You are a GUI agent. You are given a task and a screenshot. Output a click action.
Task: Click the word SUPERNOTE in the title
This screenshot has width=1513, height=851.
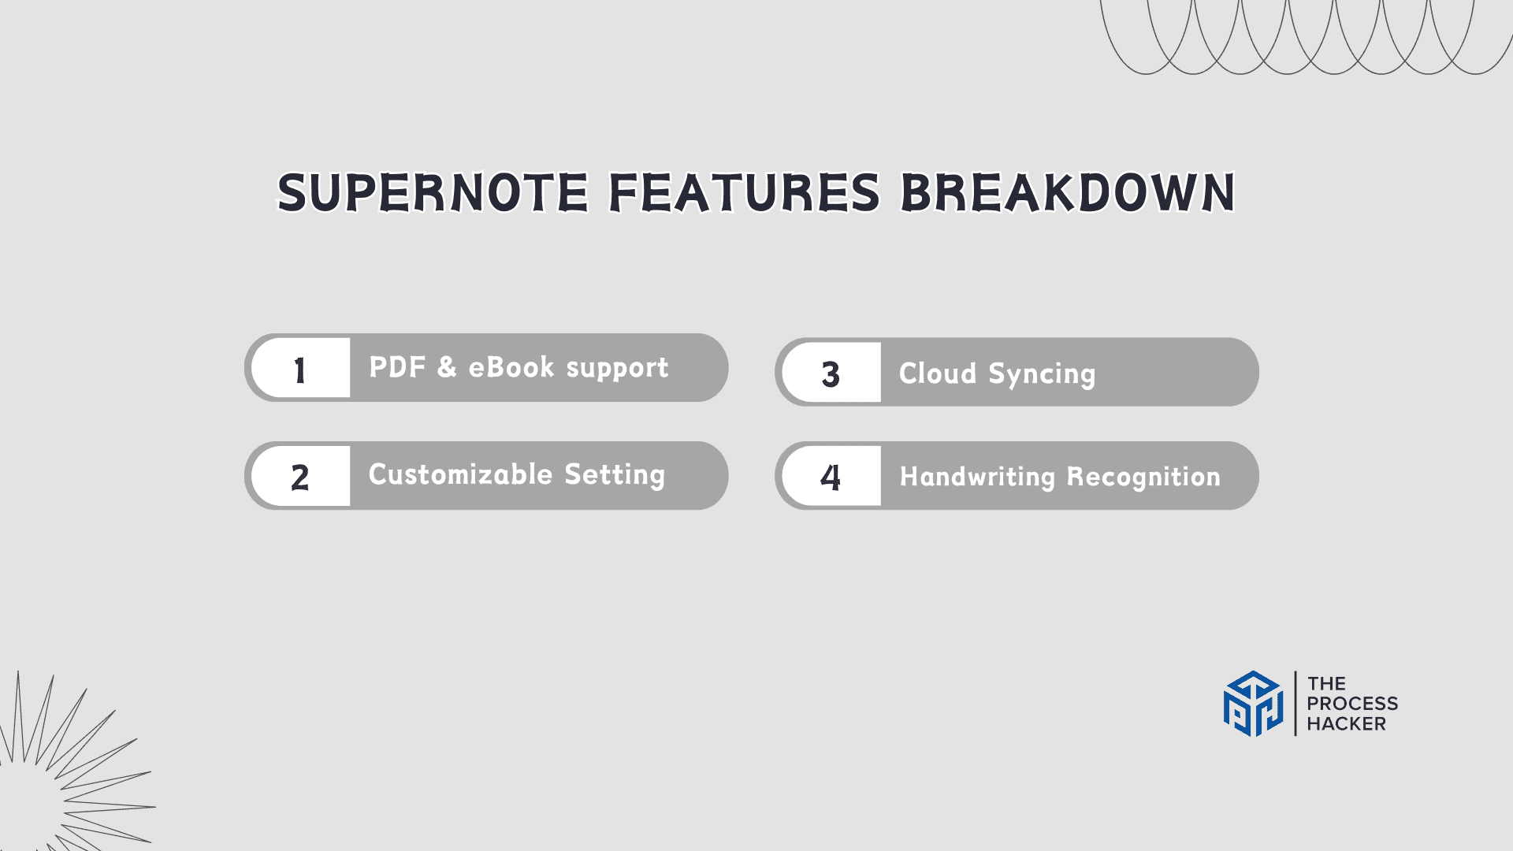pyautogui.click(x=433, y=193)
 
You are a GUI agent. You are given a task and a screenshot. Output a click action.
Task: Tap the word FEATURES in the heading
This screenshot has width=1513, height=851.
pyautogui.click(x=745, y=193)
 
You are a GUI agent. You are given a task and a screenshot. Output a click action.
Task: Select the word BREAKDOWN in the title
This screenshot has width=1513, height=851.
pyautogui.click(x=1068, y=193)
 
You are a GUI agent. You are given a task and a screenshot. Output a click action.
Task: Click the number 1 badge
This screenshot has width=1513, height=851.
pyautogui.click(x=300, y=368)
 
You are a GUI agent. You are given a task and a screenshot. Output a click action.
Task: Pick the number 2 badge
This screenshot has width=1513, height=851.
pyautogui.click(x=300, y=476)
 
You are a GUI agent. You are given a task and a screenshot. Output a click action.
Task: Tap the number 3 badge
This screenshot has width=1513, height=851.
pyautogui.click(x=831, y=373)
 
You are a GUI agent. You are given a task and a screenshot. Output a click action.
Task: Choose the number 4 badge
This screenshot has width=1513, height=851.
pyautogui.click(x=831, y=476)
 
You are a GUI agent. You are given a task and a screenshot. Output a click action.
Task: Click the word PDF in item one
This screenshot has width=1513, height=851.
pyautogui.click(x=397, y=367)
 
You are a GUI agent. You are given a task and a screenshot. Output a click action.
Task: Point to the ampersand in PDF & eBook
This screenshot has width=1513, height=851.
pyautogui.click(x=447, y=367)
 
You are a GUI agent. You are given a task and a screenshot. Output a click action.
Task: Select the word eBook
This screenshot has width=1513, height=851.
pyautogui.click(x=511, y=367)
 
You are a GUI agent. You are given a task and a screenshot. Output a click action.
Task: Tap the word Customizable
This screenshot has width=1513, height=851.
pyautogui.click(x=460, y=474)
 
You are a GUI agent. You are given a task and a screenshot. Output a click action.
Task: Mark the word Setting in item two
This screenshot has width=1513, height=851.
pyautogui.click(x=615, y=475)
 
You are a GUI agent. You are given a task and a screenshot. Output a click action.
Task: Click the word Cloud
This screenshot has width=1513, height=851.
pyautogui.click(x=938, y=373)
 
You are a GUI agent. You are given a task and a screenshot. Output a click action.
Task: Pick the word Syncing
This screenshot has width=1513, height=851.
pyautogui.click(x=1042, y=375)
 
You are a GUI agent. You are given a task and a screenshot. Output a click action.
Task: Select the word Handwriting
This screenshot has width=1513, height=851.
pyautogui.click(x=977, y=478)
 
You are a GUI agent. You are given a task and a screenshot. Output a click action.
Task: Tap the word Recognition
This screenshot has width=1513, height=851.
pyautogui.click(x=1143, y=478)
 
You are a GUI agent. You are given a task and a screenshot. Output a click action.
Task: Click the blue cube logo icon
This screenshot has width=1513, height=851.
pyautogui.click(x=1253, y=704)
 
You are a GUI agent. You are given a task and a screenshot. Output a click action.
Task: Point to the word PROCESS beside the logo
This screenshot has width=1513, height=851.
pyautogui.click(x=1352, y=704)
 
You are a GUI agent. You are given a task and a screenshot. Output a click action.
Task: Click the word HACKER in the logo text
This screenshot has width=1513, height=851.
pyautogui.click(x=1346, y=724)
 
